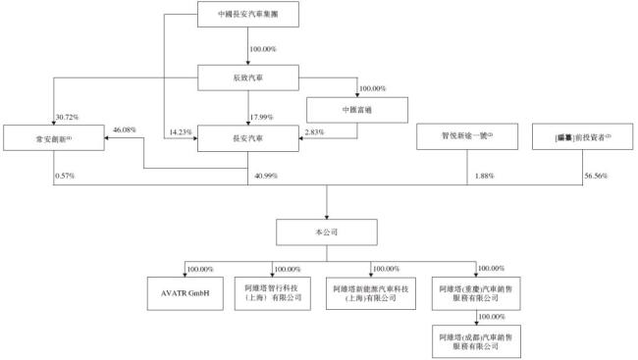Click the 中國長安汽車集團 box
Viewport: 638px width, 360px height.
(x=247, y=17)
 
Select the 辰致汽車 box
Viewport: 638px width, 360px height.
(x=247, y=77)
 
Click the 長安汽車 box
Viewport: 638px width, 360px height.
(x=247, y=138)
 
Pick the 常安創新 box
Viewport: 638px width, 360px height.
(x=48, y=138)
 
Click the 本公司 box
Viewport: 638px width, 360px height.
(x=327, y=231)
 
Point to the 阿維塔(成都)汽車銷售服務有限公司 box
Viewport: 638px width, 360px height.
(x=474, y=341)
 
